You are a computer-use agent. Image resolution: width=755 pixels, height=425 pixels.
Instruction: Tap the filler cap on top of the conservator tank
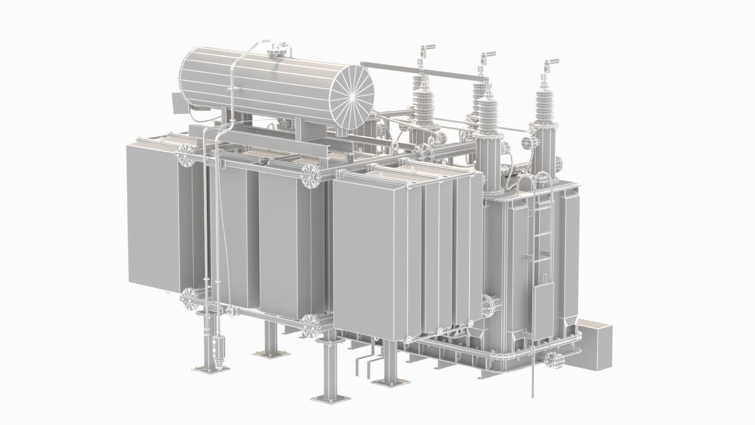pyautogui.click(x=275, y=48)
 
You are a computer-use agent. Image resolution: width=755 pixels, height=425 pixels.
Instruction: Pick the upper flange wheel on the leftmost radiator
pyautogui.click(x=187, y=158)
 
